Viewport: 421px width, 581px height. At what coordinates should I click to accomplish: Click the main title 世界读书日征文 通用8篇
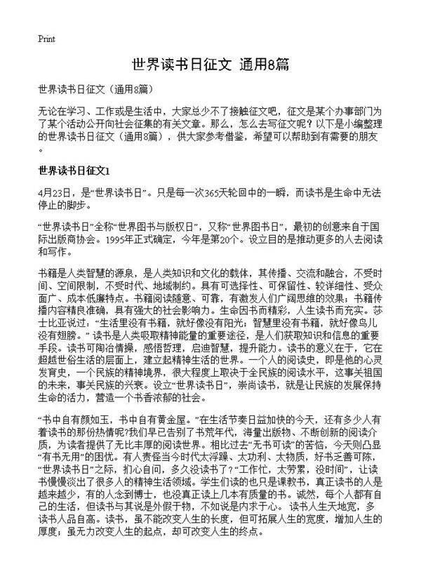click(x=210, y=65)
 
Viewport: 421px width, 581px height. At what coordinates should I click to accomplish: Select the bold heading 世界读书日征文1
click(x=74, y=170)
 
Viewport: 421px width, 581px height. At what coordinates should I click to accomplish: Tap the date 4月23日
click(x=55, y=192)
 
